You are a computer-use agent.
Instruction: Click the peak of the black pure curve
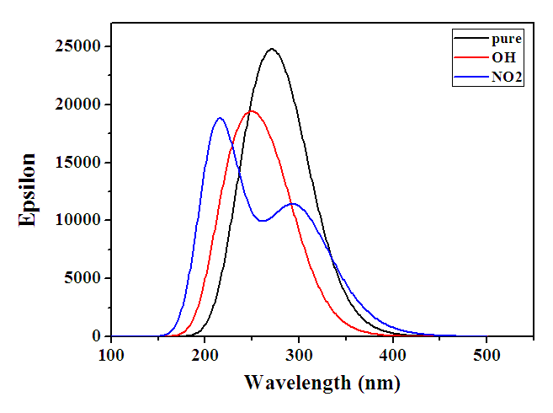(x=271, y=49)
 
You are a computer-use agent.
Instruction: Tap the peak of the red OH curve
(x=250, y=111)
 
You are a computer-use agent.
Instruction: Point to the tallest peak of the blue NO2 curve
(x=220, y=118)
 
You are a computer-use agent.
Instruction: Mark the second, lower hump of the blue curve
(x=292, y=203)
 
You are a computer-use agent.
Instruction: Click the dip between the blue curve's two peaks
(x=263, y=221)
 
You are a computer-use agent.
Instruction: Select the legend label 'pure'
(x=508, y=39)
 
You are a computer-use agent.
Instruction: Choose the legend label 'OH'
(x=502, y=58)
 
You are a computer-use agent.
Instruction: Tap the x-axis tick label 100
(x=111, y=355)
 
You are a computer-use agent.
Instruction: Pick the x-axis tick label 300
(x=299, y=355)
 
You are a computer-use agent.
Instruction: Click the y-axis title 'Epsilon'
(x=29, y=190)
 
